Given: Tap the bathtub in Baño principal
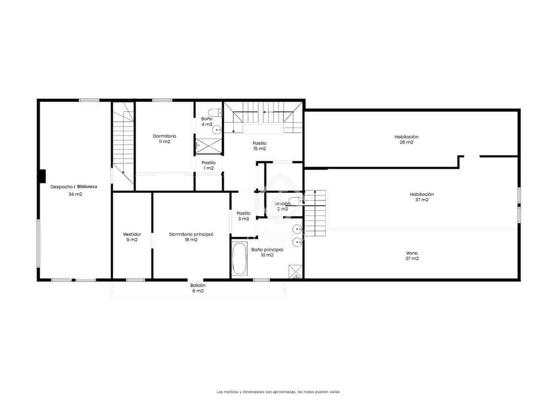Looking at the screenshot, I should tap(240, 258).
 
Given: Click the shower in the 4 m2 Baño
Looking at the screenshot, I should tap(209, 146).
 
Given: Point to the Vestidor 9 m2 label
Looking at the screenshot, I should tap(132, 237).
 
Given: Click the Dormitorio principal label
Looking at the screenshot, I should tap(191, 237).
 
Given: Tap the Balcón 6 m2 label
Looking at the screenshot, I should tap(198, 288).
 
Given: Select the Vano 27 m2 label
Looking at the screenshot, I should tap(412, 256).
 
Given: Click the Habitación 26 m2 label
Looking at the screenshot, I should tap(406, 139).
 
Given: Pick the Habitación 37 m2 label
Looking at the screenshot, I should tap(422, 197).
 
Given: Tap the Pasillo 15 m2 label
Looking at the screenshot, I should tap(259, 146).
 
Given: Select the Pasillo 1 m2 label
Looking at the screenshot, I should tap(209, 165).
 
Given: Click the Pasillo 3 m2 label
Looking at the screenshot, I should tap(244, 216).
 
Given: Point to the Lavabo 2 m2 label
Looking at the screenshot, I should tap(282, 206).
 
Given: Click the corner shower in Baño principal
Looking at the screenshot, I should tap(295, 272).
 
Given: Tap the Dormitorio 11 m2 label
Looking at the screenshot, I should tap(164, 139).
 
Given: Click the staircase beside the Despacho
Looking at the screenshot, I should tap(123, 147).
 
